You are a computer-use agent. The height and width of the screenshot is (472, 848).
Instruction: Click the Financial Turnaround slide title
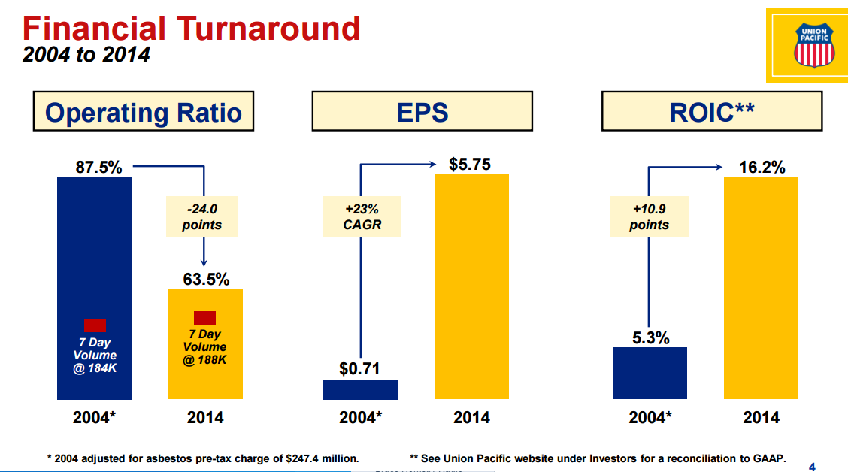[x=191, y=29]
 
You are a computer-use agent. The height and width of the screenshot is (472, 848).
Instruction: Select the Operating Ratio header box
[x=144, y=112]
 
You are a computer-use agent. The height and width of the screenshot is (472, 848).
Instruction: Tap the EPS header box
[x=422, y=112]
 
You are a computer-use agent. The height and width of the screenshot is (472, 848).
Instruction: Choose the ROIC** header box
[x=711, y=112]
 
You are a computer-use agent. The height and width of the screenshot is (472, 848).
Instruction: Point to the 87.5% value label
[x=98, y=167]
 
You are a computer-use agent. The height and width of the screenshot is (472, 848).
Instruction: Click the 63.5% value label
[x=206, y=279]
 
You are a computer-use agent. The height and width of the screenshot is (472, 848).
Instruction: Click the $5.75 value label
[x=470, y=164]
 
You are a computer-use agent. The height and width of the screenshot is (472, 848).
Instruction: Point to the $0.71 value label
[x=360, y=368]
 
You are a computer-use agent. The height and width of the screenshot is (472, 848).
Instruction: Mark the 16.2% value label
[x=762, y=167]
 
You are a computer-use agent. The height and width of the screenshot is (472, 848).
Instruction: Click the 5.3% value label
[x=650, y=337]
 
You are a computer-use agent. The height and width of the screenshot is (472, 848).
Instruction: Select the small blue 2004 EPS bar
[x=360, y=389]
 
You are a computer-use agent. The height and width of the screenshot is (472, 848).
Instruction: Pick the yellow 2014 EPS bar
[x=471, y=286]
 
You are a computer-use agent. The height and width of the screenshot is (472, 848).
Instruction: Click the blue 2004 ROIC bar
[x=650, y=373]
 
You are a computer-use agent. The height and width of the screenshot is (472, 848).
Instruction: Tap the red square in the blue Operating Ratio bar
[x=95, y=325]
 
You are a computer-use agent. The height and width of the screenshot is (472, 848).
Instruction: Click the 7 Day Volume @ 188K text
[x=204, y=346]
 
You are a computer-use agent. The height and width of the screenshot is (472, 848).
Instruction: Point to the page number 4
[x=811, y=465]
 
